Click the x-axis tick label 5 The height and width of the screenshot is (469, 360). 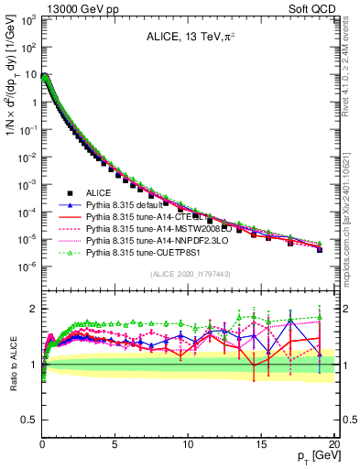point(115,443)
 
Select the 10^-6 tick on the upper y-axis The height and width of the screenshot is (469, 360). point(27,267)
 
